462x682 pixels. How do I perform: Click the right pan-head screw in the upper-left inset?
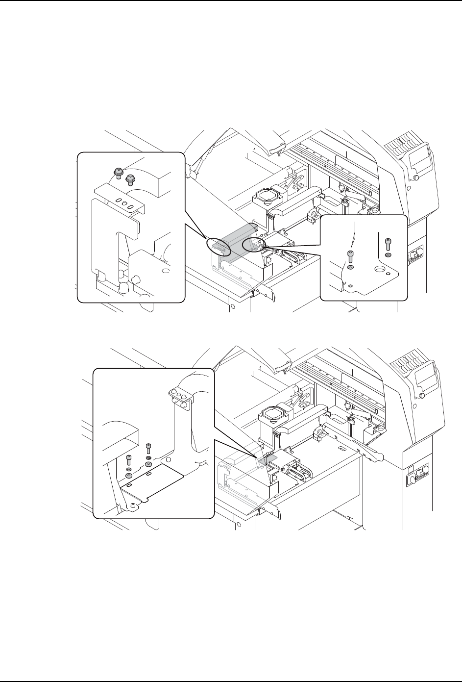pos(130,179)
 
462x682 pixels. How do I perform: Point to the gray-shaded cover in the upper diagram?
pos(235,240)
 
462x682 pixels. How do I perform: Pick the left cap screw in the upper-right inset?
pos(350,256)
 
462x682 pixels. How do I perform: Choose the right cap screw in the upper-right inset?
pos(388,243)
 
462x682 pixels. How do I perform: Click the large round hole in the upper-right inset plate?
pos(380,269)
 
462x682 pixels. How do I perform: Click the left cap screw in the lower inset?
pos(129,460)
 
